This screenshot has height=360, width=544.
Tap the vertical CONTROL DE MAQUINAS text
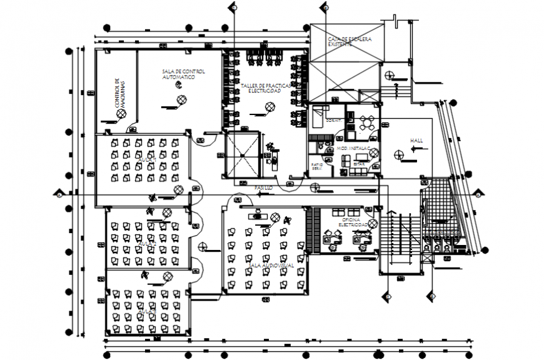point(120,94)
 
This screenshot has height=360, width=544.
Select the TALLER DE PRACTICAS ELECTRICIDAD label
point(265,87)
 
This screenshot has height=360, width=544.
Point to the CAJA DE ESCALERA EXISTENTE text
point(349,42)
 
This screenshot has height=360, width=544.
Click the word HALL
point(416,141)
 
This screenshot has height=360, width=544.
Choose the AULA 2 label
point(148,243)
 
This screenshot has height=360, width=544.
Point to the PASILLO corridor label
point(263,187)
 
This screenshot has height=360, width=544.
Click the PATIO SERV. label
point(317,167)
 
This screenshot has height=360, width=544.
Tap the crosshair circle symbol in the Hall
point(398,152)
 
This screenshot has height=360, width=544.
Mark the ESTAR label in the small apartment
point(358,164)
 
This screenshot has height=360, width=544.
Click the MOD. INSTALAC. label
point(353,149)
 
